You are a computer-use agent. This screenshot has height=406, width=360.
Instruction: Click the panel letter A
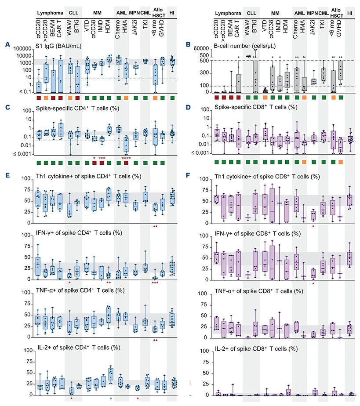pyautogui.click(x=7, y=44)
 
